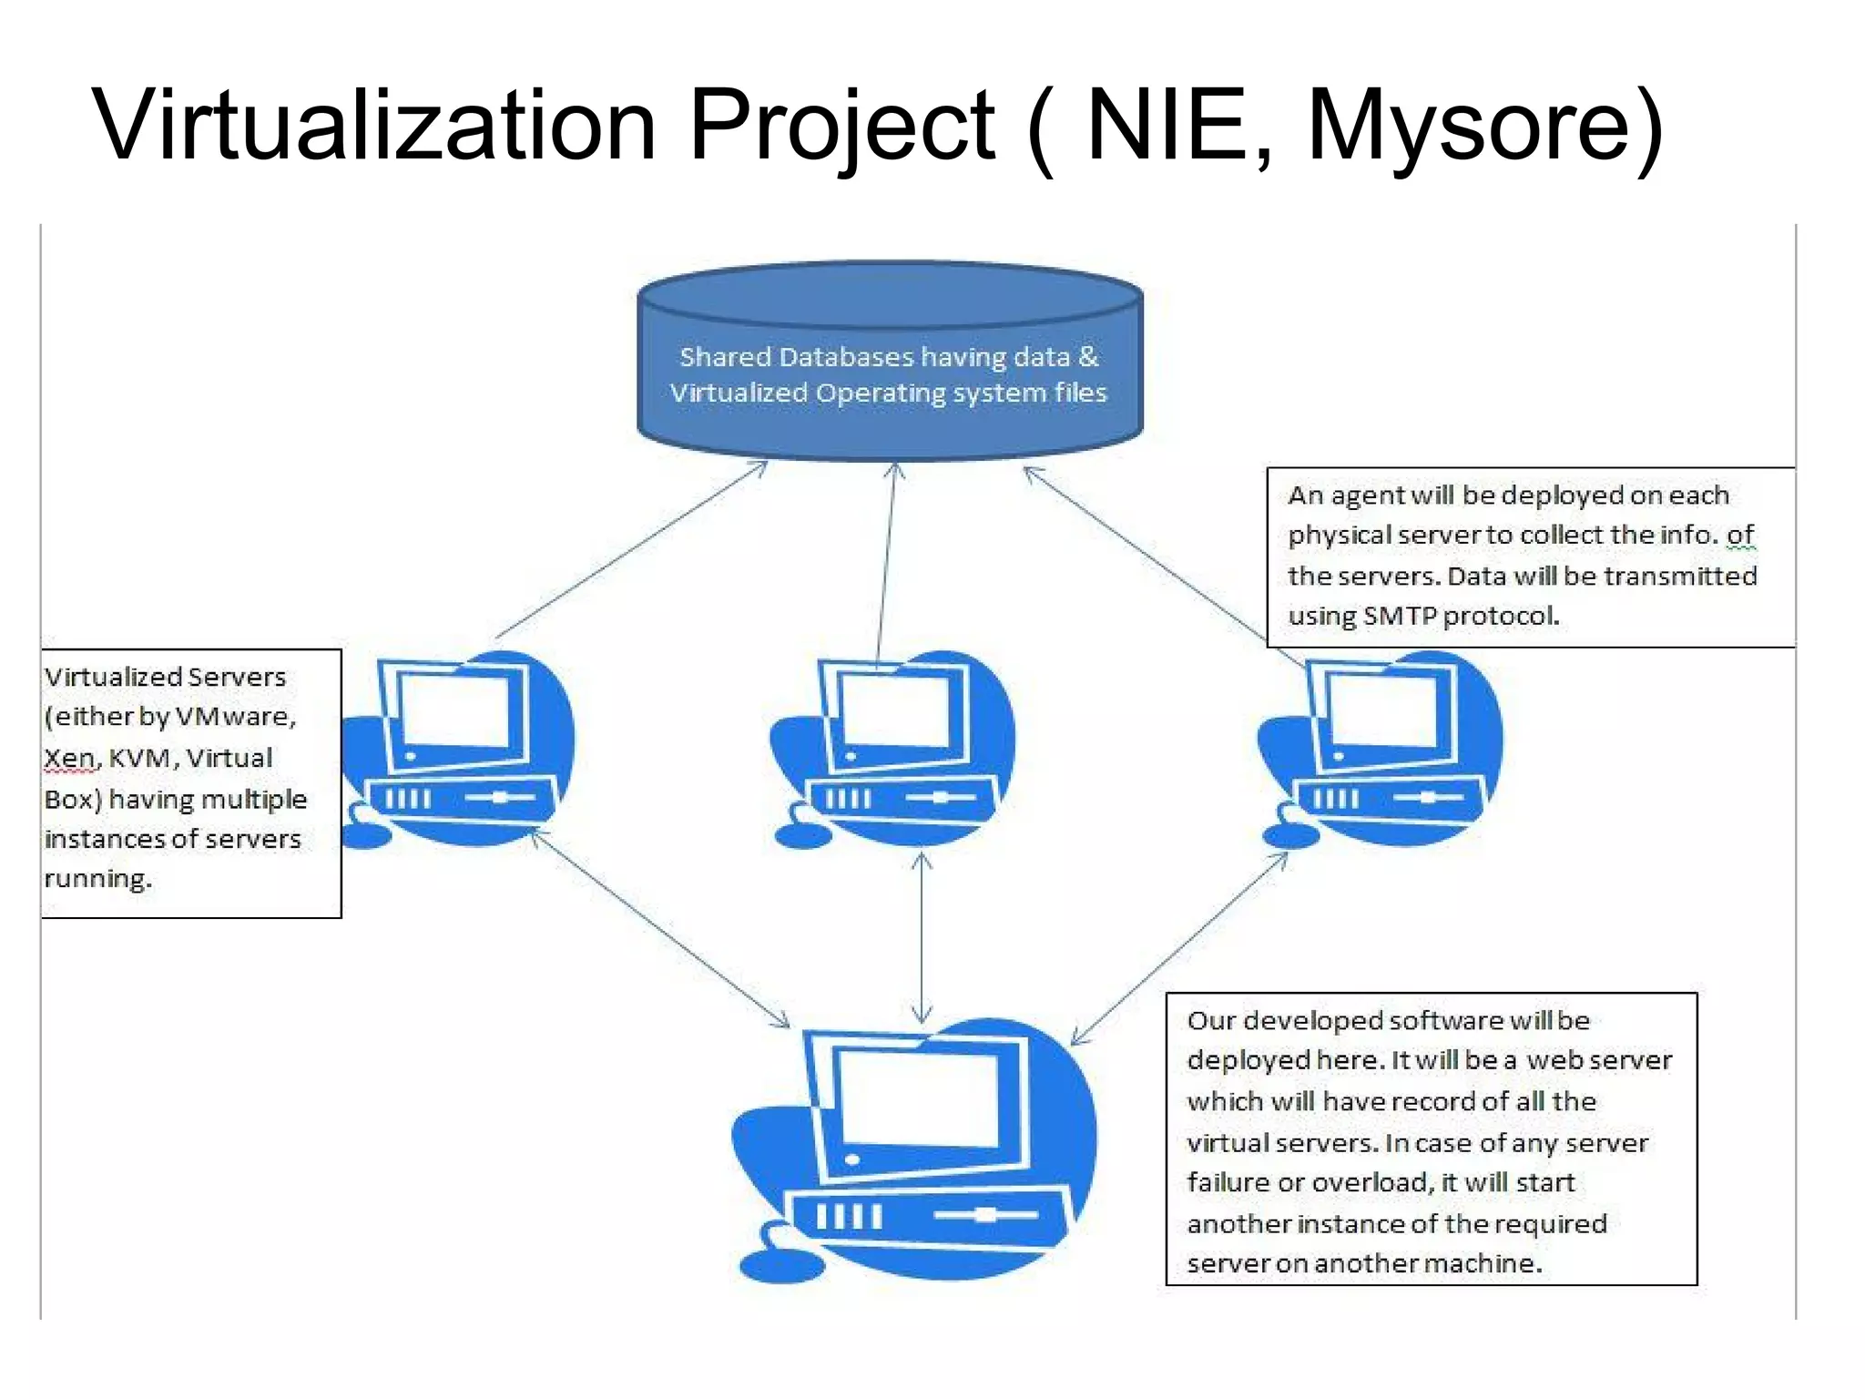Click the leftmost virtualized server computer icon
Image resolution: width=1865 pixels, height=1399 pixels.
click(x=460, y=747)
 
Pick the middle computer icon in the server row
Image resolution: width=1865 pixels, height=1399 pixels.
click(x=897, y=747)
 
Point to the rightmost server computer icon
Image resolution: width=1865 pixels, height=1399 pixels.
click(x=1384, y=747)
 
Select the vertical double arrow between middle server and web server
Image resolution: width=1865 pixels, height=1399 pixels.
click(x=922, y=938)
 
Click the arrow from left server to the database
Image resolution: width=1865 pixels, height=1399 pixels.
click(x=632, y=550)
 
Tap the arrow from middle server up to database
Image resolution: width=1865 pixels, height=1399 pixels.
click(x=886, y=565)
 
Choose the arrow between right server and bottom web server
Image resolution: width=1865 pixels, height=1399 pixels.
click(x=1180, y=947)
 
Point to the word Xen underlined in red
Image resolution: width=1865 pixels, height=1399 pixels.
click(x=69, y=759)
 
